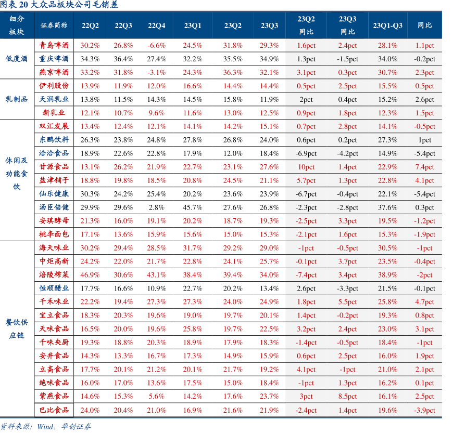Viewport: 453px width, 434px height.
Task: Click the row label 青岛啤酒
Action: pyautogui.click(x=54, y=45)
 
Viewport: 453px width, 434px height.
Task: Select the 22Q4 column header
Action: pyautogui.click(x=157, y=25)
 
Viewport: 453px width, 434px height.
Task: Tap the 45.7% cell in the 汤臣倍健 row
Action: pyautogui.click(x=192, y=207)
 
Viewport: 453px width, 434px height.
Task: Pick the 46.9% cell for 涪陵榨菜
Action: pyautogui.click(x=90, y=275)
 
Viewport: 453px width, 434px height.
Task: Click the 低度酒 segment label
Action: pyautogui.click(x=17, y=59)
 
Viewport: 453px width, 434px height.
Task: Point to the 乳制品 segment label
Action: pyautogui.click(x=17, y=99)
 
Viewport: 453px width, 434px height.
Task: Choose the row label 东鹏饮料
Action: pyautogui.click(x=54, y=140)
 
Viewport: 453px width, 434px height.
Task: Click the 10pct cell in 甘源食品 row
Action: pyautogui.click(x=306, y=167)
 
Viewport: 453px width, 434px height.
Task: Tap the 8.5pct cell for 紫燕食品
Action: pyautogui.click(x=347, y=397)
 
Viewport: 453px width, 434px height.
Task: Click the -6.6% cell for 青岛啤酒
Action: pyautogui.click(x=157, y=45)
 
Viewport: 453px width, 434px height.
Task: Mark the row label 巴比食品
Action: pyautogui.click(x=54, y=410)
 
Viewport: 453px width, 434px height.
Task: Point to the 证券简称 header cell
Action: pyautogui.click(x=54, y=25)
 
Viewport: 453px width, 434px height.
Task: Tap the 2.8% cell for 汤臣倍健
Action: pyautogui.click(x=157, y=207)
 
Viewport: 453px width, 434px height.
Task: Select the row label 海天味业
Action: pyautogui.click(x=54, y=248)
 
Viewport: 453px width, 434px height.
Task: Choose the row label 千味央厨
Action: pyautogui.click(x=54, y=343)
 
